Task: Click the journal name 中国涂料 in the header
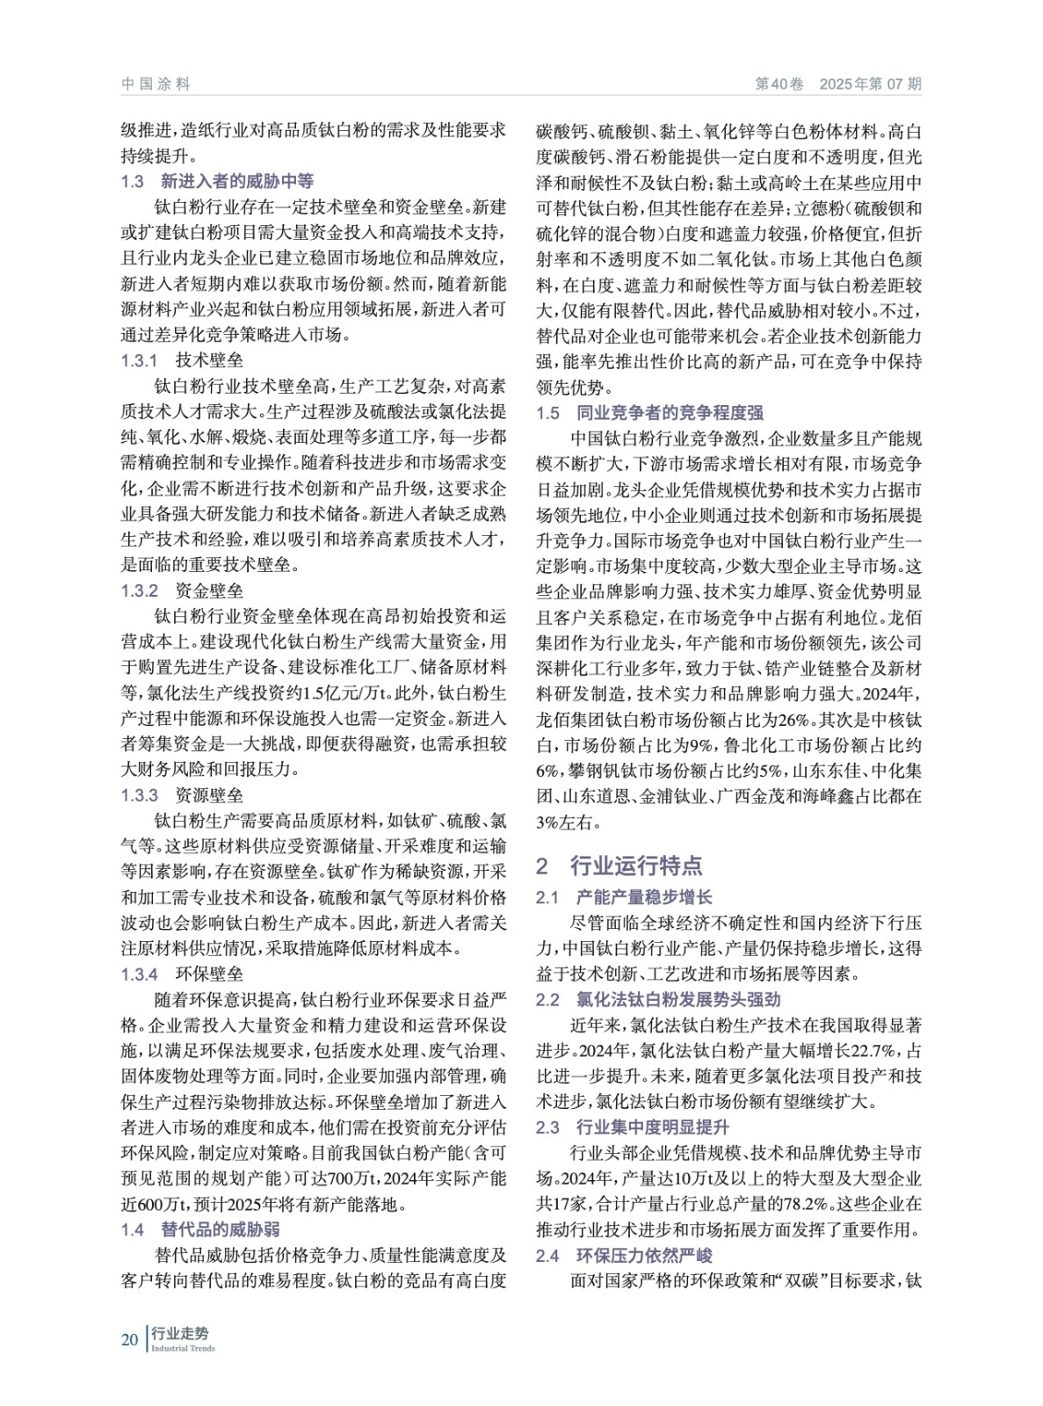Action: point(156,84)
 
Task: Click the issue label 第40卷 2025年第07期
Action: point(838,84)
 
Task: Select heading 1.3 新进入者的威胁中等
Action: point(217,182)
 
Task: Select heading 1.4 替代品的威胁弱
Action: point(200,1229)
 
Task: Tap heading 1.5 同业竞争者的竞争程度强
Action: point(650,412)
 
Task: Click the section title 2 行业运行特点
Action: point(619,866)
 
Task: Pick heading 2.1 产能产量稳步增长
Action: point(624,897)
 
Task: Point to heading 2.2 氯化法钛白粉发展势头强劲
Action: point(658,999)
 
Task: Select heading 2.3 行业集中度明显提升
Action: point(633,1127)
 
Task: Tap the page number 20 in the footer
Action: point(129,1339)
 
